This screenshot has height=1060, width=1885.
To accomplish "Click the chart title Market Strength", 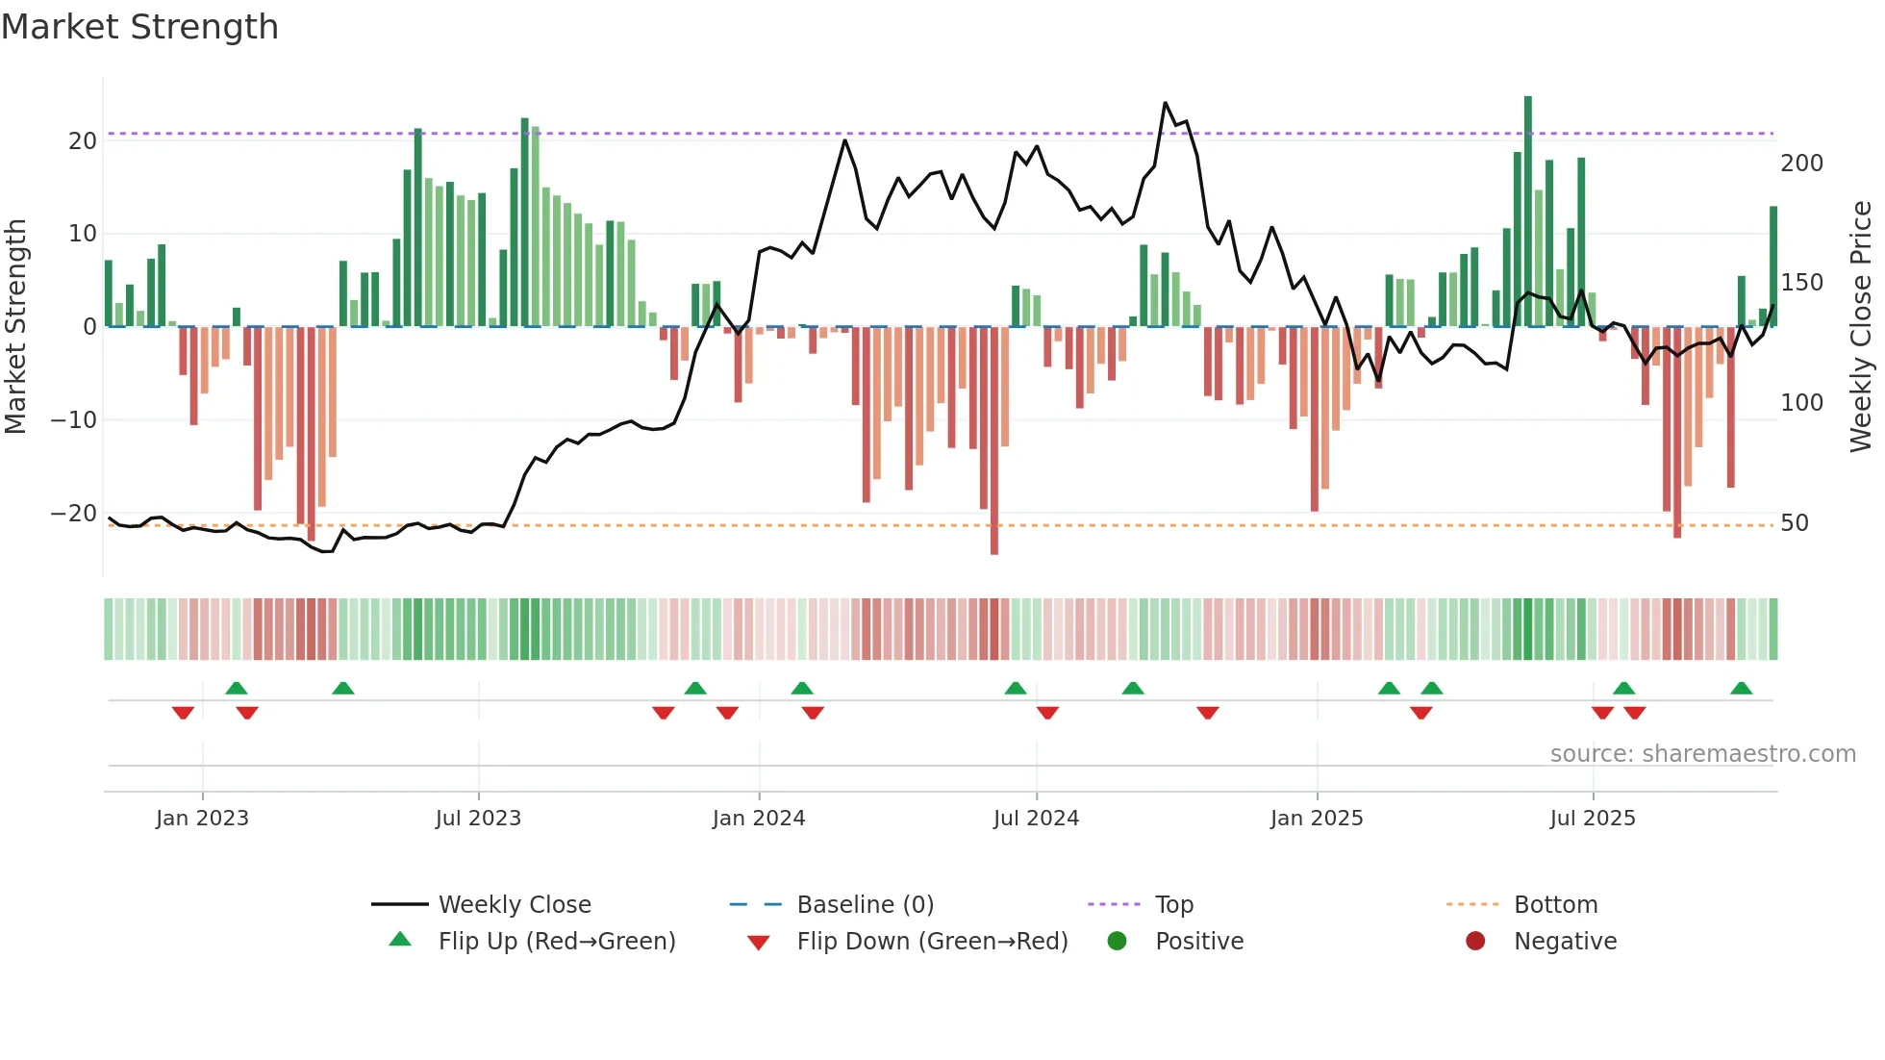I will click(x=139, y=27).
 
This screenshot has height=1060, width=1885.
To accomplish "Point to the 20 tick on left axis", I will click(x=83, y=141).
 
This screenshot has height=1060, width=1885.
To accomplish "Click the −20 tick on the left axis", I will click(x=74, y=514).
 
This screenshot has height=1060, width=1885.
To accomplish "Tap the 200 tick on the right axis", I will click(x=1801, y=164).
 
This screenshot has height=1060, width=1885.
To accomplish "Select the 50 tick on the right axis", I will click(x=1795, y=523).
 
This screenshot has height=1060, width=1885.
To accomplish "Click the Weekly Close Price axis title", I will click(x=1861, y=327).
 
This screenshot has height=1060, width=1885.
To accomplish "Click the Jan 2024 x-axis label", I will click(x=758, y=819).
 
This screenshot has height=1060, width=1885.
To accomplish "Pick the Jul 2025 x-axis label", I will click(x=1592, y=819).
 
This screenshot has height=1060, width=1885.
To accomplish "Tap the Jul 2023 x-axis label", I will click(x=478, y=819).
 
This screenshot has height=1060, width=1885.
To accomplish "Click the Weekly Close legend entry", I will click(x=514, y=905).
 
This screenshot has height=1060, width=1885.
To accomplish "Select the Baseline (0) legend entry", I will click(x=865, y=905).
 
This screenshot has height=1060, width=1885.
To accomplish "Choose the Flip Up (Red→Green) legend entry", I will click(x=556, y=942).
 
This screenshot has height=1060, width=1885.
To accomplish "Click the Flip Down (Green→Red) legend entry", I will click(x=931, y=942).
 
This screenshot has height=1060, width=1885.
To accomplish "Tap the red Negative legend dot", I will click(x=1475, y=941).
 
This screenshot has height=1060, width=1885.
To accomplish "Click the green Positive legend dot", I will click(x=1117, y=941).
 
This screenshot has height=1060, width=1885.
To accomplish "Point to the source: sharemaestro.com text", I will click(x=1702, y=754).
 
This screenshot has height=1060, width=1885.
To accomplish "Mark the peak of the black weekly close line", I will click(x=1165, y=103).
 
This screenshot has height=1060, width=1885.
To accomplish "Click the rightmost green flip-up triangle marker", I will click(x=1741, y=688).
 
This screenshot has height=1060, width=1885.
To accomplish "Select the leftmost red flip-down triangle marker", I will click(x=183, y=713).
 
